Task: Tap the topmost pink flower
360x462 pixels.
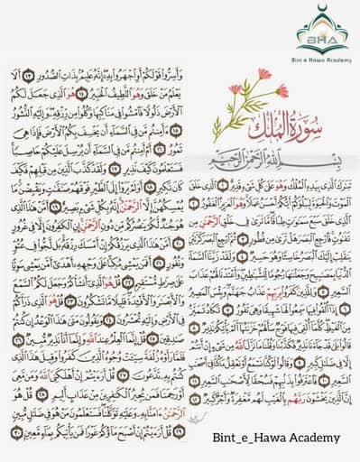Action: [x=263, y=73]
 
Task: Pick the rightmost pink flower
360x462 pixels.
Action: [x=282, y=90]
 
